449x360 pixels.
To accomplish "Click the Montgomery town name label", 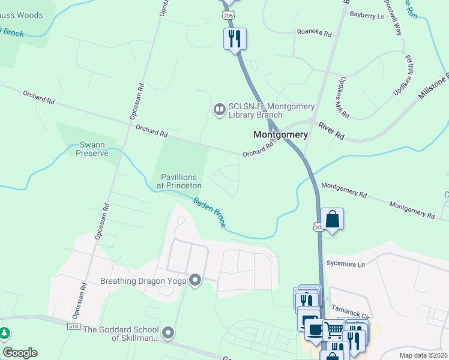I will click(x=280, y=135).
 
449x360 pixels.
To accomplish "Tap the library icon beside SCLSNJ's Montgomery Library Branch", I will click(x=219, y=109).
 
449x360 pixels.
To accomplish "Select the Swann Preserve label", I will click(x=92, y=149).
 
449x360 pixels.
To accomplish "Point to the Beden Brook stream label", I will click(x=209, y=212).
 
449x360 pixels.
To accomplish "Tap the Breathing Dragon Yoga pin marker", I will click(x=195, y=280).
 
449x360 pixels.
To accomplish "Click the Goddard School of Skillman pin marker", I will click(x=168, y=332).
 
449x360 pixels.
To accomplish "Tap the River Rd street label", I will click(x=331, y=131).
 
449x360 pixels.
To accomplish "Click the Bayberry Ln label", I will click(x=367, y=16).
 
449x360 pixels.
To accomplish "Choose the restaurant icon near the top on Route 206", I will click(x=234, y=40).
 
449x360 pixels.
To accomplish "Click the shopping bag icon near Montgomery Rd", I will click(x=332, y=220).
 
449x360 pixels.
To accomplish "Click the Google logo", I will click(x=20, y=353).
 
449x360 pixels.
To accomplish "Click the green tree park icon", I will click(x=4, y=333).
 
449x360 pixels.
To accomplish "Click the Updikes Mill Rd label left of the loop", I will click(x=343, y=106).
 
